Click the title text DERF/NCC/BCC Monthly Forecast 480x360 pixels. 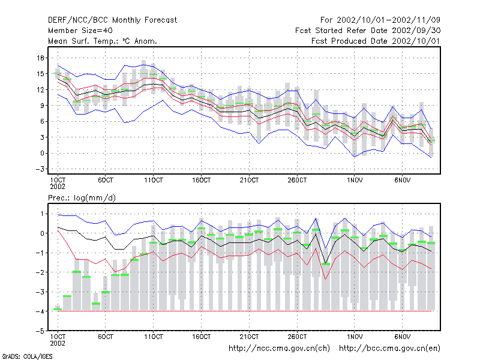[x=112, y=20]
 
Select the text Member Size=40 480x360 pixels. [x=80, y=31]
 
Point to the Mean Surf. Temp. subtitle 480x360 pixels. [x=103, y=41]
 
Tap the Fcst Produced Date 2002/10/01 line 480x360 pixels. [x=376, y=41]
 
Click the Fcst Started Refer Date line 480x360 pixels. [x=368, y=31]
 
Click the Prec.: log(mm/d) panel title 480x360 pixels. [x=82, y=198]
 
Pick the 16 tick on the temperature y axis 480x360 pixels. [x=40, y=58]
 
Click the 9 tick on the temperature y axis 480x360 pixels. [x=42, y=106]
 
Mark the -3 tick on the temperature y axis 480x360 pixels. [x=40, y=169]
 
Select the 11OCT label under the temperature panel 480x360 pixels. [x=154, y=180]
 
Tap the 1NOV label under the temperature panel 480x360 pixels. [x=355, y=180]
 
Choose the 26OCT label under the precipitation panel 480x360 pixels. [x=297, y=337]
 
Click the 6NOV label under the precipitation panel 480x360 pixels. [x=402, y=337]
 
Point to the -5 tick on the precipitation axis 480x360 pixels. [x=40, y=331]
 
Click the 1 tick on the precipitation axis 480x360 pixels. [x=42, y=214]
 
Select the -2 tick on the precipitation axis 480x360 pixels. [x=40, y=272]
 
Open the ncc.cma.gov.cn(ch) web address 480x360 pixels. [x=279, y=349]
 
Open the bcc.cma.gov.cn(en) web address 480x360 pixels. [x=389, y=349]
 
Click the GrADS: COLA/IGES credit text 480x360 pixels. [x=27, y=356]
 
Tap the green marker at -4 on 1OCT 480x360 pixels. [x=58, y=310]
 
